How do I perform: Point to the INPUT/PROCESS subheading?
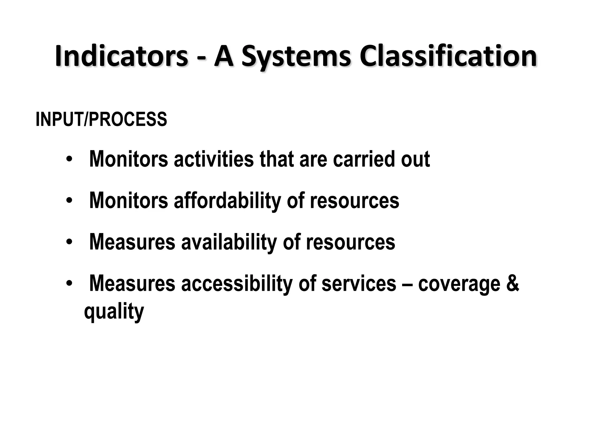[101, 119]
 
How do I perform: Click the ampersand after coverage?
[513, 283]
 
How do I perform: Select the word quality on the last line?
[114, 312]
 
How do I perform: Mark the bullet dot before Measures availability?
[69, 242]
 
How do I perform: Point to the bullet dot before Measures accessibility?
[69, 284]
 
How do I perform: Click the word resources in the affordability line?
[354, 201]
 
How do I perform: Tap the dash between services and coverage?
[407, 284]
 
